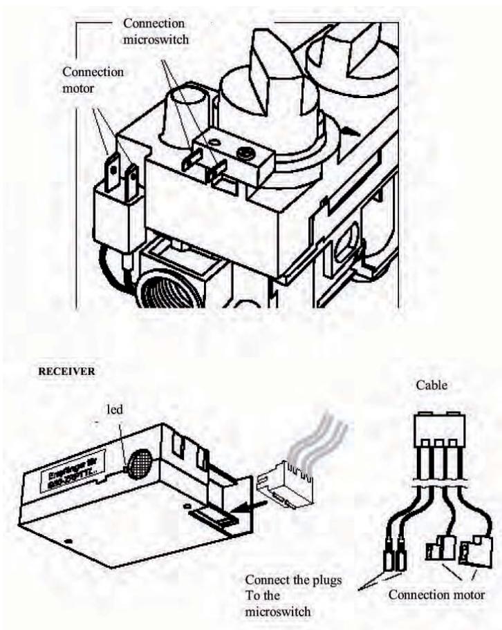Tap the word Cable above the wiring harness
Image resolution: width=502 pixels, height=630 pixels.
(x=432, y=385)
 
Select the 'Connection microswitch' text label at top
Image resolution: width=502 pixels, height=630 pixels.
(x=156, y=30)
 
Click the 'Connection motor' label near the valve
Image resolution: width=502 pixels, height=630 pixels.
(x=93, y=79)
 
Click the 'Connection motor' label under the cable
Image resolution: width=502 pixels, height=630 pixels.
(x=436, y=594)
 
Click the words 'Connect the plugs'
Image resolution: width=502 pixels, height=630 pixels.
(x=293, y=580)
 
